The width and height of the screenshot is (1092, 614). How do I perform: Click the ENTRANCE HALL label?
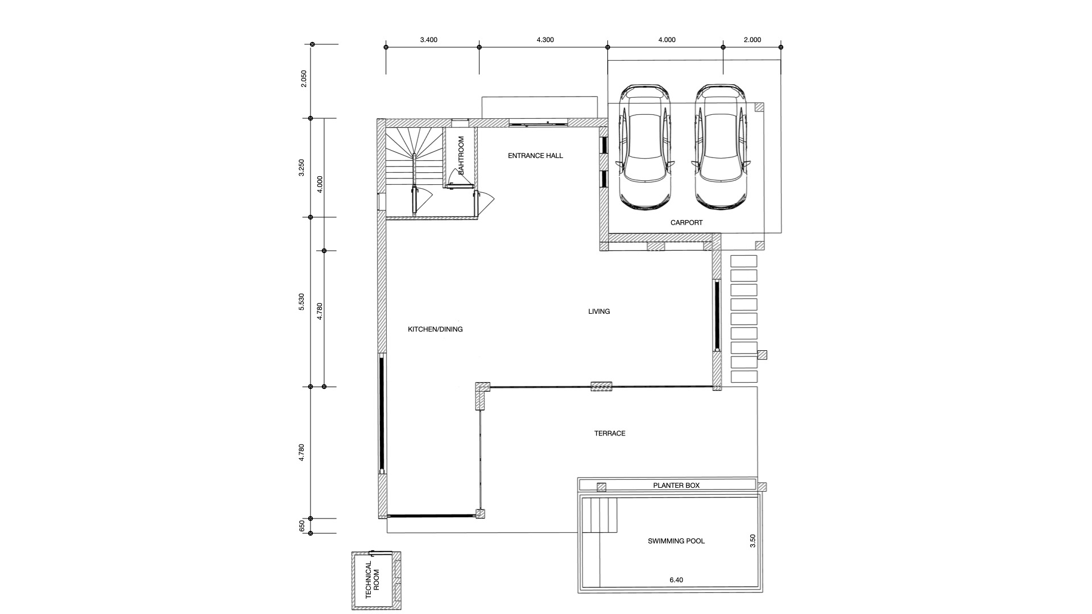click(535, 156)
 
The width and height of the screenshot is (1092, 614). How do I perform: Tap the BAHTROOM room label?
click(461, 155)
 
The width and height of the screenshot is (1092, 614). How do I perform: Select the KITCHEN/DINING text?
click(435, 329)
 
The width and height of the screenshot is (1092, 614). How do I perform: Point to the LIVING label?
click(599, 312)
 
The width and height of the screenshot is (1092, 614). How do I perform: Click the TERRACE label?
click(610, 433)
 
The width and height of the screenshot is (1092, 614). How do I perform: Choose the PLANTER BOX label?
click(676, 486)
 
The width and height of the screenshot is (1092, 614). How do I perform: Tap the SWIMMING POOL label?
click(676, 541)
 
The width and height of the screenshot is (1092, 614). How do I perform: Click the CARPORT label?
click(686, 223)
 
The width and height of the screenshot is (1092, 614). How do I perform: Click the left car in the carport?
click(646, 148)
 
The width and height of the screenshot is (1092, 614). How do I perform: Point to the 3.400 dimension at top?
click(429, 40)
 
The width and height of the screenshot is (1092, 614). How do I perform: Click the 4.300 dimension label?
click(545, 40)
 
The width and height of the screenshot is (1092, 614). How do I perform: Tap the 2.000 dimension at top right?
click(752, 40)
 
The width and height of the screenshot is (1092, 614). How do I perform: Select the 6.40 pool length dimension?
click(676, 580)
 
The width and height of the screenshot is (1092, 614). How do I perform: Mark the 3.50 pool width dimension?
click(752, 541)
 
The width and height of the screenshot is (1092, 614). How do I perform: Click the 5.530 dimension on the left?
click(302, 301)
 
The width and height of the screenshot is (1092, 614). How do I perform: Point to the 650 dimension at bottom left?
click(302, 526)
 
